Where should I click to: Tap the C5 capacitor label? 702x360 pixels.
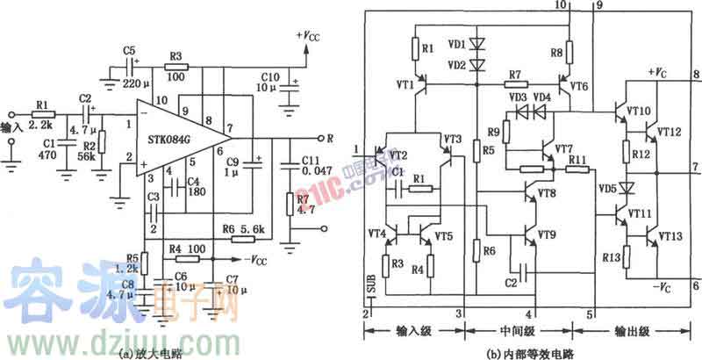(130, 48)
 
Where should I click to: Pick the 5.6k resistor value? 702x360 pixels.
(249, 227)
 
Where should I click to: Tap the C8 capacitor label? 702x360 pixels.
(128, 284)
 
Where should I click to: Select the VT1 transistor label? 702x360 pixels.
(405, 85)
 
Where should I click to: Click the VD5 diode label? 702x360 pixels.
(606, 187)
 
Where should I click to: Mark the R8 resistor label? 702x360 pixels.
(555, 52)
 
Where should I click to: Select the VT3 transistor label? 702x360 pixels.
(453, 140)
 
